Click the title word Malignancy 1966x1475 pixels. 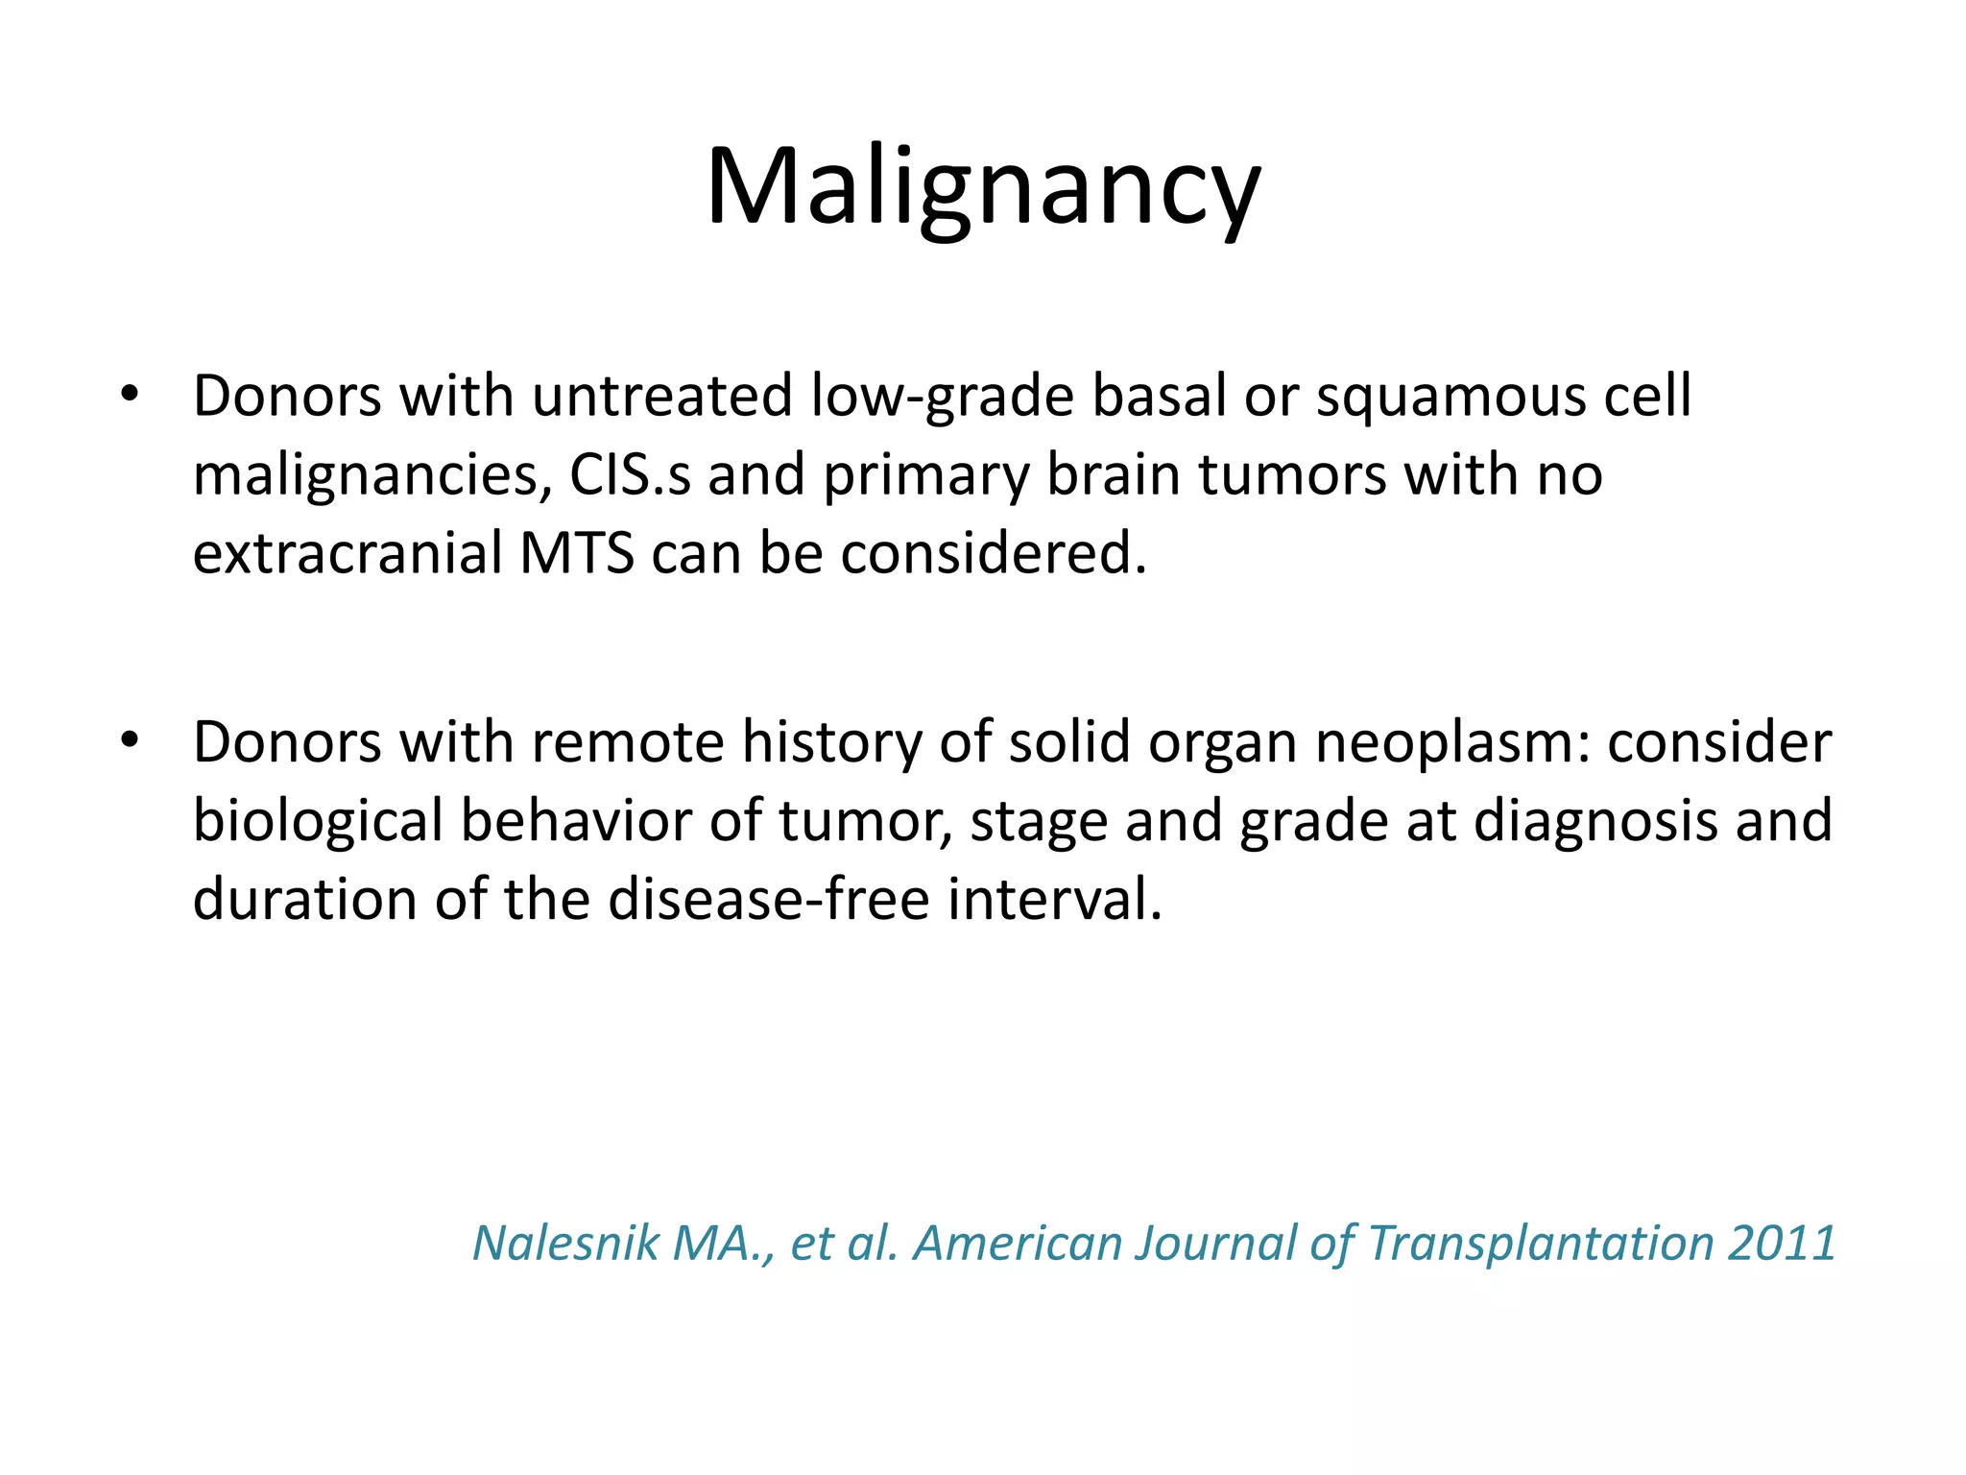[982, 187]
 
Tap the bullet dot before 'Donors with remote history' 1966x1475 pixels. [130, 740]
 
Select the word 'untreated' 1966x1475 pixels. [661, 396]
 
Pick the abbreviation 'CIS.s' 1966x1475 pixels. [629, 475]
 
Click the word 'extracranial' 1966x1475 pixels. [347, 554]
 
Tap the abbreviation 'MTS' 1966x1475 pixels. [576, 554]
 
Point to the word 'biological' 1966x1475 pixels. [318, 822]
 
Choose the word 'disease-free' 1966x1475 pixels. [768, 901]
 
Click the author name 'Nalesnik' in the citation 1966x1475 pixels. [565, 1243]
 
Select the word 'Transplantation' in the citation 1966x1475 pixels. [1540, 1243]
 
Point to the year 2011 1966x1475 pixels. [1781, 1243]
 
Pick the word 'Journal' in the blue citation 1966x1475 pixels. [1215, 1243]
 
